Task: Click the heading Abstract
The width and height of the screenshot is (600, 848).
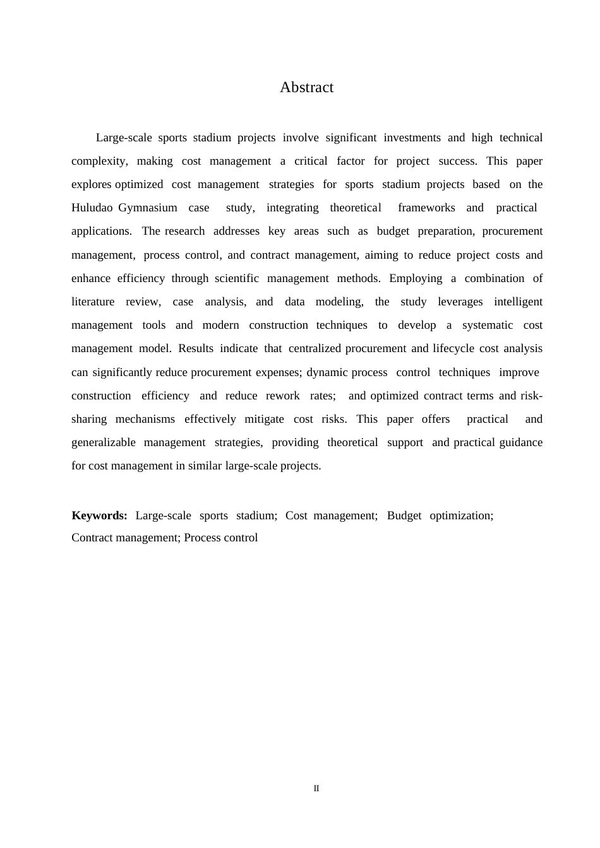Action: point(306,88)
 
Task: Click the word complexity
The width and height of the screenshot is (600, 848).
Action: point(99,162)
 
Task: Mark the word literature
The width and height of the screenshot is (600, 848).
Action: point(93,302)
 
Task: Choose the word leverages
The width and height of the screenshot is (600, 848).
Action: point(460,302)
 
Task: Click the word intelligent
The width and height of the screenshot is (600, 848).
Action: point(518,302)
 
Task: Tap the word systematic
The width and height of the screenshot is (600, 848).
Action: point(487,326)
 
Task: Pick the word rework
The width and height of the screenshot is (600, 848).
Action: point(282,396)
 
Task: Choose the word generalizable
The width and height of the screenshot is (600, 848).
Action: point(103,443)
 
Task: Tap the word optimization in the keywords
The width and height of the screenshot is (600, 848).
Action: point(461,516)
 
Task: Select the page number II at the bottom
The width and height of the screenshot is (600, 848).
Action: point(316,789)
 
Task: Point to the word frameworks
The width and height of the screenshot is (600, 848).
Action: point(426,208)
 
